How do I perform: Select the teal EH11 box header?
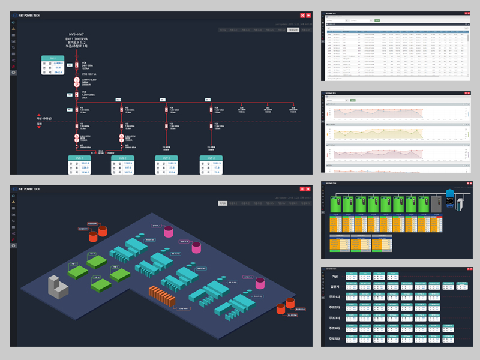coord(52,58)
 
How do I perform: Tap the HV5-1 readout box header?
coord(79,158)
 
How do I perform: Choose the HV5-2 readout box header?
coord(122,158)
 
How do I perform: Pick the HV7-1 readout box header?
coord(166,158)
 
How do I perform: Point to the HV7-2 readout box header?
coord(211,158)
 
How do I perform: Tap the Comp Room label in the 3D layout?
coord(184,309)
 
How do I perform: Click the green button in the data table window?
coord(377,20)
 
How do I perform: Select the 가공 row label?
coord(334,277)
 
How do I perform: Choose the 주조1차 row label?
coord(335,298)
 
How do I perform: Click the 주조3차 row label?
coord(335,318)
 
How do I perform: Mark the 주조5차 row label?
coord(335,339)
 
